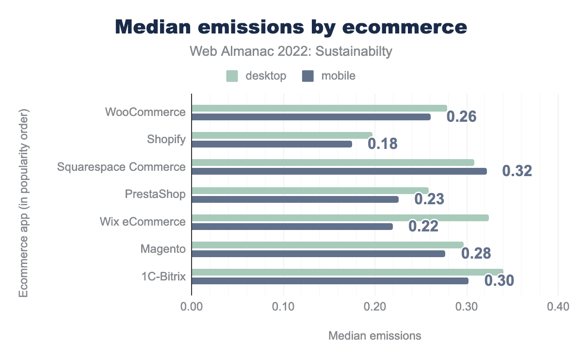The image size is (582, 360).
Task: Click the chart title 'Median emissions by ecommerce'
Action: pyautogui.click(x=291, y=27)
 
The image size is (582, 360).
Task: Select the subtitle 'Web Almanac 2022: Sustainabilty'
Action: pyautogui.click(x=291, y=51)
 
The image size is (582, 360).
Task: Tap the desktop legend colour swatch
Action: pyautogui.click(x=232, y=76)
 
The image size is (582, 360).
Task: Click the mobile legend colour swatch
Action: pyautogui.click(x=308, y=76)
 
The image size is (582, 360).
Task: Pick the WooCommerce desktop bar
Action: pyautogui.click(x=319, y=108)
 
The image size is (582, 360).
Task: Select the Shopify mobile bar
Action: pyautogui.click(x=272, y=144)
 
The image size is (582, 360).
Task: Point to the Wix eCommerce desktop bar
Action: pyautogui.click(x=340, y=218)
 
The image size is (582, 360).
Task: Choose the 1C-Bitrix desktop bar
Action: pyautogui.click(x=347, y=272)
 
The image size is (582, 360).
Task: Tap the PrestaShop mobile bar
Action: pyautogui.click(x=295, y=199)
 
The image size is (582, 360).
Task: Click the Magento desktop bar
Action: pyautogui.click(x=327, y=245)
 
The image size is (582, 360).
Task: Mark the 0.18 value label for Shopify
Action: pyautogui.click(x=383, y=144)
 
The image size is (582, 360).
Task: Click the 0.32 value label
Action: pyautogui.click(x=517, y=171)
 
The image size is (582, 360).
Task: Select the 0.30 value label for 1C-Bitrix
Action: pyautogui.click(x=499, y=281)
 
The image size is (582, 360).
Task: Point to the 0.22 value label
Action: pyautogui.click(x=423, y=227)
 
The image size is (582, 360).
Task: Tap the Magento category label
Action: pyautogui.click(x=163, y=249)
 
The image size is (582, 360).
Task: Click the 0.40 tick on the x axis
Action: pyautogui.click(x=558, y=307)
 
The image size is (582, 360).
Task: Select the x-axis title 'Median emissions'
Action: pyautogui.click(x=375, y=336)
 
